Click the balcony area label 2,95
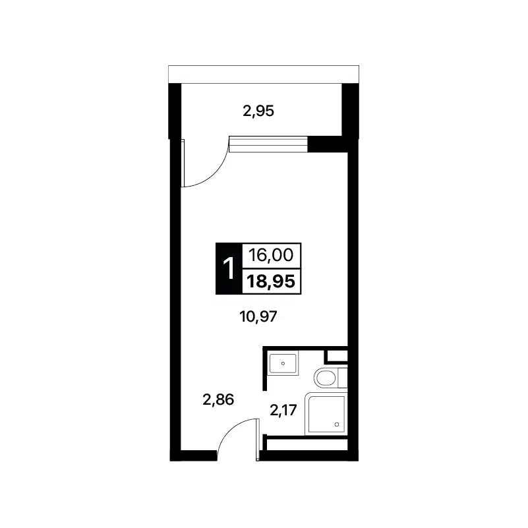pos(258,111)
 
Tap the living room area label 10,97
pos(258,316)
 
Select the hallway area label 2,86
pos(218,399)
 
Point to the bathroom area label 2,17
pos(283,410)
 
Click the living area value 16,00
pos(271,255)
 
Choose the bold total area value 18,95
pos(271,281)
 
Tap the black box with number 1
pos(229,268)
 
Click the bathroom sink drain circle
pos(283,363)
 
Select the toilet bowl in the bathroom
pos(326,378)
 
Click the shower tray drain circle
pos(336,425)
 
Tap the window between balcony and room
pos(268,144)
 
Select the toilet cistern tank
pos(343,378)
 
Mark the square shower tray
pos(326,414)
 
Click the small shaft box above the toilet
pos(337,356)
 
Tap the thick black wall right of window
pos(328,144)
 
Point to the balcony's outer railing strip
pos(264,74)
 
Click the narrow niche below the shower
pos(307,444)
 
